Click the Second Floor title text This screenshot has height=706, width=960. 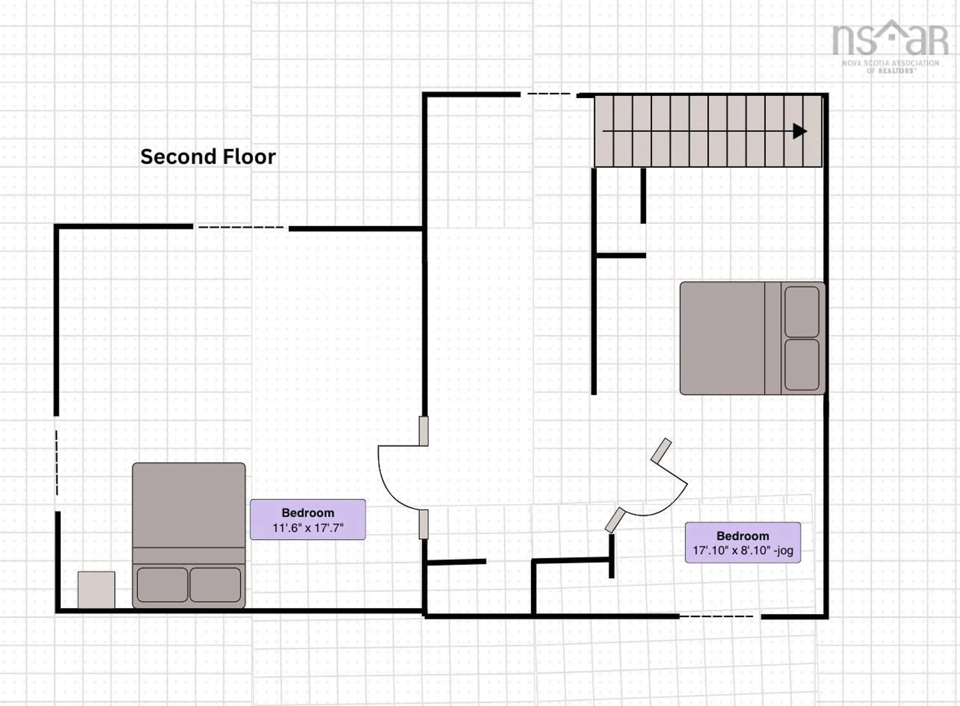pos(208,157)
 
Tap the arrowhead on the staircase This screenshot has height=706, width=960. pos(799,131)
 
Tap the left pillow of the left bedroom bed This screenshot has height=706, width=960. pos(162,585)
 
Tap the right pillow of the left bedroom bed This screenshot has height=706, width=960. pos(215,585)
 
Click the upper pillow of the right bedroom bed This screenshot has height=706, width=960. pos(801,312)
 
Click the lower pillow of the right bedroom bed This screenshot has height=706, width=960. pos(801,365)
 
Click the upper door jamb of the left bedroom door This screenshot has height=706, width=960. pos(423,431)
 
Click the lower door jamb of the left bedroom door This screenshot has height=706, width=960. pos(423,524)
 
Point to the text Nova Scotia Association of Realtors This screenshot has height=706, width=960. pos(890,66)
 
